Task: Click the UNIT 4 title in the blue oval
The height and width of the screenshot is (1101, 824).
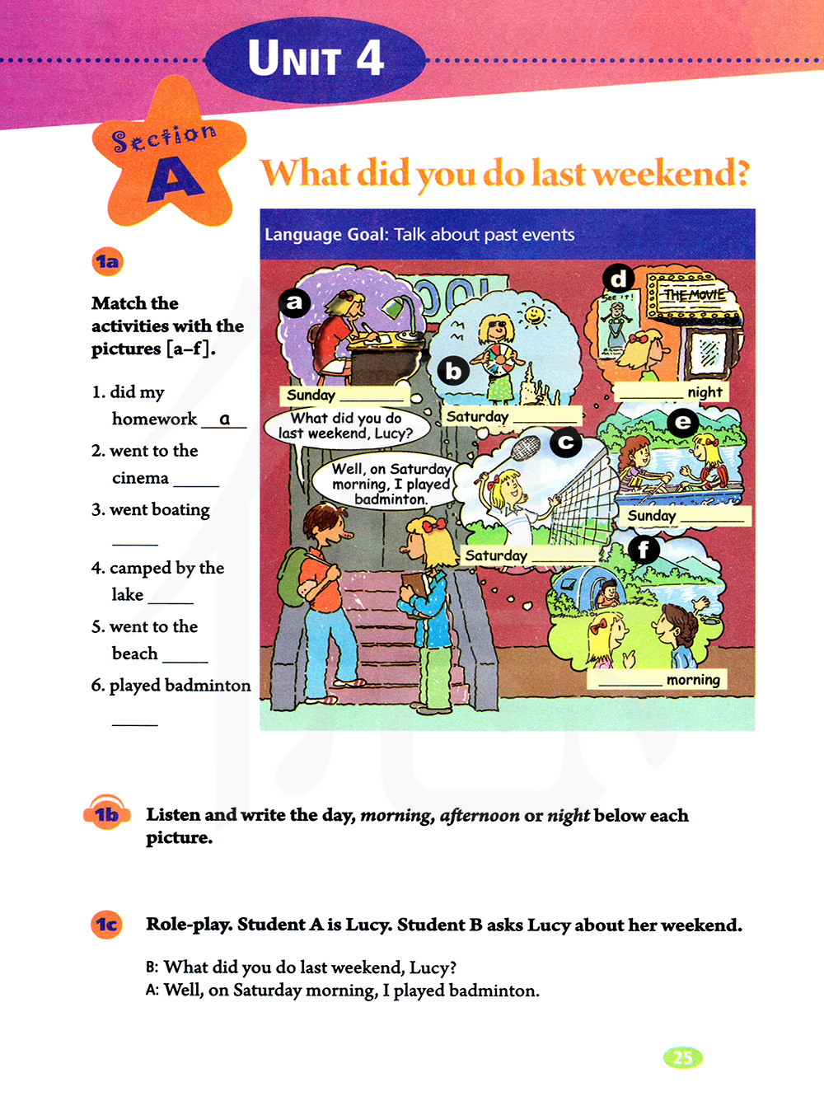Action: tap(316, 59)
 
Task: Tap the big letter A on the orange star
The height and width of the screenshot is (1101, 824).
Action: tap(176, 178)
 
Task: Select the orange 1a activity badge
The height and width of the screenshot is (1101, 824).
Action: tap(107, 262)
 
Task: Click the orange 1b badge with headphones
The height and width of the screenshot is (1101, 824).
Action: tap(106, 814)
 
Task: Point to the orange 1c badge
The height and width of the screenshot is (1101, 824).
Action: tap(106, 925)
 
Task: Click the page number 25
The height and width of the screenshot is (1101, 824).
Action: tap(682, 1057)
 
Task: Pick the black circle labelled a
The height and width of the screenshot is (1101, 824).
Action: tap(294, 303)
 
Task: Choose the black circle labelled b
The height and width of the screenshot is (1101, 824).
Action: tap(453, 372)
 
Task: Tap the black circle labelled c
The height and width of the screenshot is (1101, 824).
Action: tap(565, 443)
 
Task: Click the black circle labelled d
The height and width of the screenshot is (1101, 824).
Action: tap(618, 279)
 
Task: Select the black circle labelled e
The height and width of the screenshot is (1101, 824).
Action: tap(682, 423)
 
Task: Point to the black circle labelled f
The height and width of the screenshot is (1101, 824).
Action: tap(644, 549)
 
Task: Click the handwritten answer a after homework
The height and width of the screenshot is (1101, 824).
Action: tap(224, 419)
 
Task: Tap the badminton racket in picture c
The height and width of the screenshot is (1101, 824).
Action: tap(524, 450)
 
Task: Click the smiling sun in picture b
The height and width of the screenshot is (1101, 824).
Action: tap(535, 315)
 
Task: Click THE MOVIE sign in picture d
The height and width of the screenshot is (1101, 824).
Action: tap(695, 295)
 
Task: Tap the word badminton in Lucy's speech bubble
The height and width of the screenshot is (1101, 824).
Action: tap(391, 499)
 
